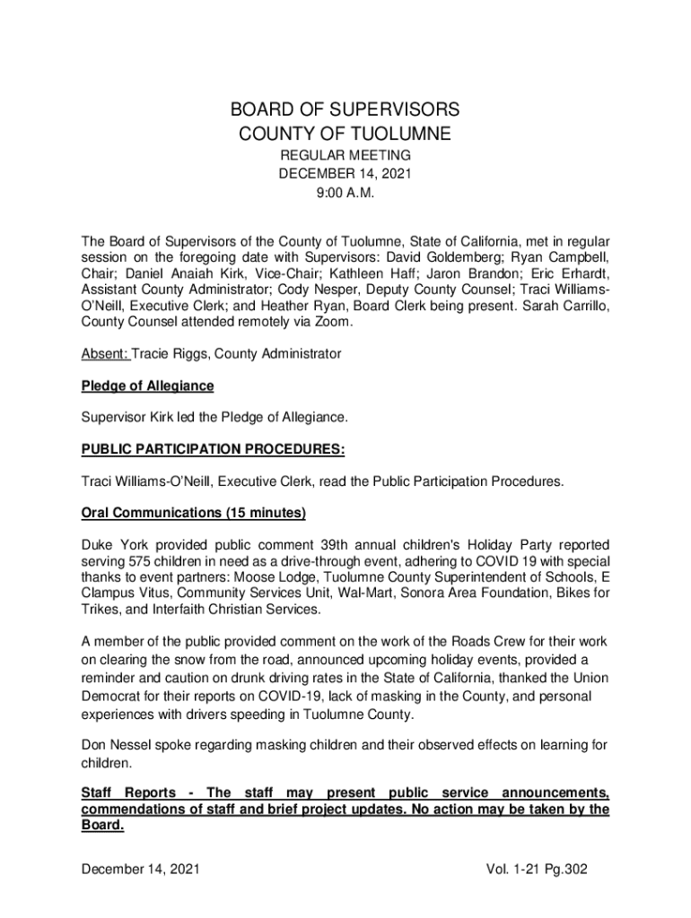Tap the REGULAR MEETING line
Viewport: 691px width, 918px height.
(345, 157)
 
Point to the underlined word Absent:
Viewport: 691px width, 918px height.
(104, 354)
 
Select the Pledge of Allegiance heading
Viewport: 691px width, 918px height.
(147, 385)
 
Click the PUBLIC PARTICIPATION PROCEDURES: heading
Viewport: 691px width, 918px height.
(213, 449)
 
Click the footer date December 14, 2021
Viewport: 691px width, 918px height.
(140, 870)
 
